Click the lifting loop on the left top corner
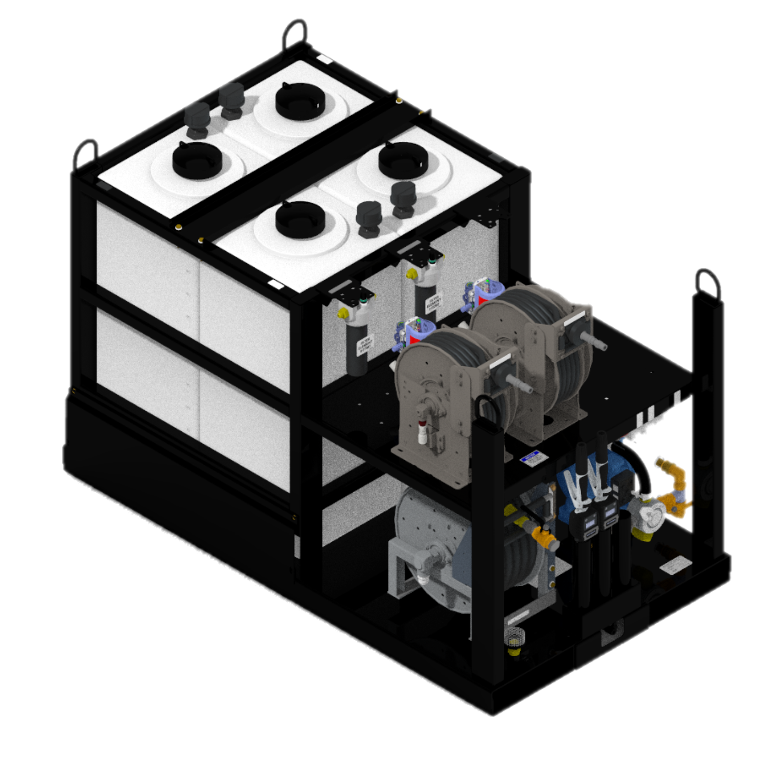(x=86, y=153)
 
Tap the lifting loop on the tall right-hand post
(x=707, y=283)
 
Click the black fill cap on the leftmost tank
(x=197, y=160)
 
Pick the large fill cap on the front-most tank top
(x=300, y=220)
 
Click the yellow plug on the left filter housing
(x=342, y=313)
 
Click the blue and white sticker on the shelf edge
(x=530, y=459)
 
